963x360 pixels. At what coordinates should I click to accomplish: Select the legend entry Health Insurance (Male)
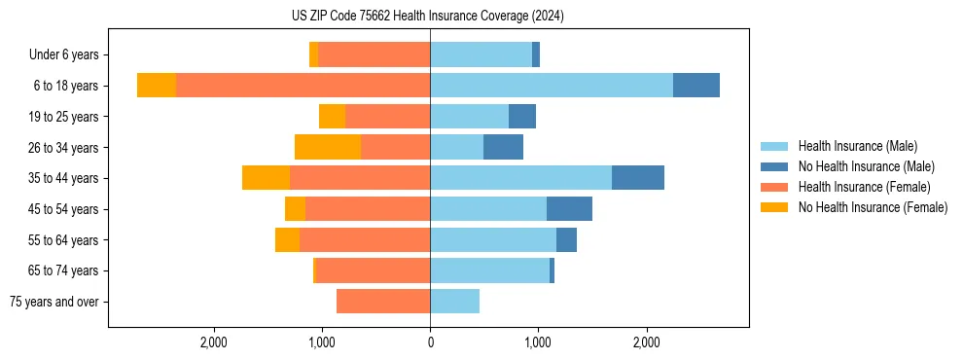click(x=856, y=146)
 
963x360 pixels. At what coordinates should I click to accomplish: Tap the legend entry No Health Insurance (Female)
click(x=873, y=207)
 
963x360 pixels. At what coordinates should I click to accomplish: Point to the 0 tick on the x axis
click(x=430, y=342)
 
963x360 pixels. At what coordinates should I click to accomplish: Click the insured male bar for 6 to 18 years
click(x=552, y=86)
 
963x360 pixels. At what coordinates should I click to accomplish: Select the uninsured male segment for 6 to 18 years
click(x=696, y=86)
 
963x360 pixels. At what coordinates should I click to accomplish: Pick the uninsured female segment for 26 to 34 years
click(x=328, y=147)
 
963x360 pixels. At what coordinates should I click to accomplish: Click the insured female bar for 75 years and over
click(x=383, y=302)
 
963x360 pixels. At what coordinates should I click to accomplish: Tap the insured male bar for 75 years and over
click(x=454, y=302)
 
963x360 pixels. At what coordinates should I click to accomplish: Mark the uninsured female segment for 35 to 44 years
click(x=266, y=178)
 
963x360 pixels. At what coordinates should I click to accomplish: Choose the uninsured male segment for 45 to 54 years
click(x=569, y=209)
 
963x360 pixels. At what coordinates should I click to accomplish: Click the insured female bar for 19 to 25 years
click(x=387, y=117)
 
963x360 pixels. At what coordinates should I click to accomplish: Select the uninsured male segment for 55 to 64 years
click(x=566, y=240)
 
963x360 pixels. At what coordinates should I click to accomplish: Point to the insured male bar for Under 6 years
click(x=481, y=54)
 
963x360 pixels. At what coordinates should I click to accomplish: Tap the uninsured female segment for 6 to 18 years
click(x=157, y=86)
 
